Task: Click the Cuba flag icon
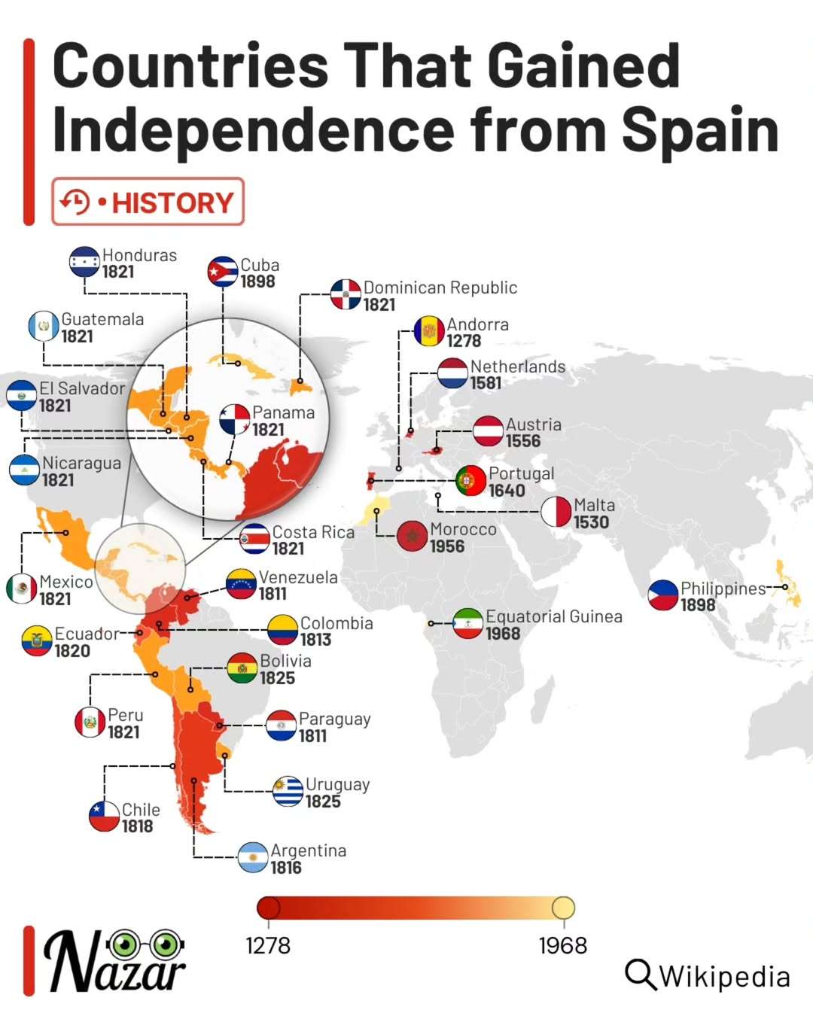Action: click(x=222, y=272)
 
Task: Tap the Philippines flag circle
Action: click(x=663, y=595)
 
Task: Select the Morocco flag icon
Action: click(x=412, y=537)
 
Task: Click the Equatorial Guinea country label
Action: click(x=554, y=617)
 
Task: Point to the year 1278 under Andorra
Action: click(x=464, y=341)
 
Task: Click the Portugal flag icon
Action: click(x=471, y=481)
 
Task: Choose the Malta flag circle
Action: click(x=556, y=513)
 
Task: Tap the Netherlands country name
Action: click(x=518, y=367)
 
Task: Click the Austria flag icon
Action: click(x=489, y=431)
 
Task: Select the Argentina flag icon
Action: click(x=253, y=858)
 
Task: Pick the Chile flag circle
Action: click(x=105, y=817)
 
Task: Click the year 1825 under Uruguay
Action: click(x=323, y=802)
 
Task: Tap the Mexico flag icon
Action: click(x=21, y=589)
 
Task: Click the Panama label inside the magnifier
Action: click(x=283, y=412)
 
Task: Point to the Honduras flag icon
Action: click(x=84, y=262)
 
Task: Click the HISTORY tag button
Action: click(x=148, y=202)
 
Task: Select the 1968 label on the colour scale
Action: click(x=563, y=945)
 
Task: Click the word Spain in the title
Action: click(x=701, y=129)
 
